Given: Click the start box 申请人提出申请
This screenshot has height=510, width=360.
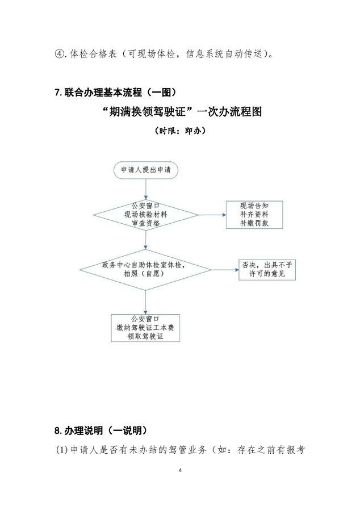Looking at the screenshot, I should [x=146, y=170].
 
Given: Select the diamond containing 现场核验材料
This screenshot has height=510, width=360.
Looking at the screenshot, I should [x=146, y=214].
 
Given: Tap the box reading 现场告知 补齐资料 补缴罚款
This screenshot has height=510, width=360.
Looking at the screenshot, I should [x=254, y=214].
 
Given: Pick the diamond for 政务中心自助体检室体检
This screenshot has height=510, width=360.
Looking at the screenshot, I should [x=146, y=269].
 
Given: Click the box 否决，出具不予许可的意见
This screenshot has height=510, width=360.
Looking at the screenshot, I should [x=263, y=269].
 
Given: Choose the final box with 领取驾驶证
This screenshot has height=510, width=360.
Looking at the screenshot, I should [x=146, y=327].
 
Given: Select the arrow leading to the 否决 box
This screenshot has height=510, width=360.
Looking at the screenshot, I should [x=225, y=269].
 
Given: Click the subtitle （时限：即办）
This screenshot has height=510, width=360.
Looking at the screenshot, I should [x=179, y=131].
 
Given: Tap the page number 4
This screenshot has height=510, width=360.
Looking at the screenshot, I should [x=179, y=471].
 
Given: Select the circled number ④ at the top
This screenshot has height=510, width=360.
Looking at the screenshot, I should [x=59, y=55].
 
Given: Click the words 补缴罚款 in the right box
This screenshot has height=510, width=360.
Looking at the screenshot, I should [x=254, y=224].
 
